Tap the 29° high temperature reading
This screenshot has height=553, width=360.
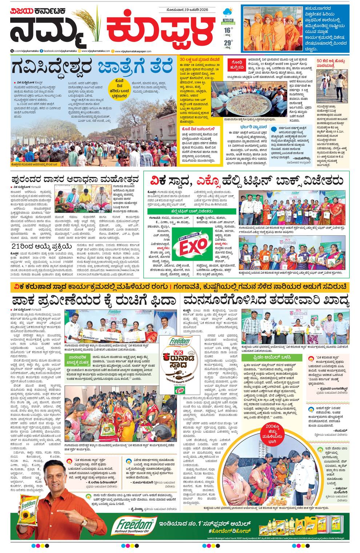(x=228, y=43)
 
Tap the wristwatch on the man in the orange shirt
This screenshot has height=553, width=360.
(x=84, y=522)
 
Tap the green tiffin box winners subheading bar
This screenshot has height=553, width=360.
(x=191, y=211)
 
